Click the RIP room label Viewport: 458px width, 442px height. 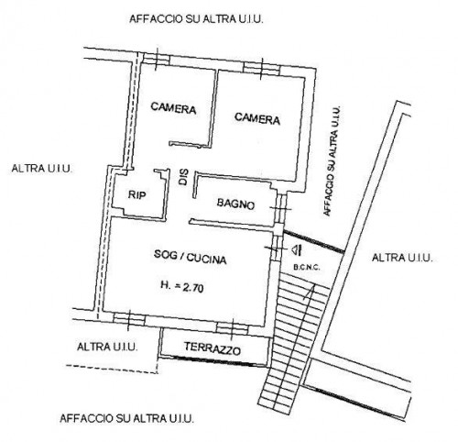click(136, 194)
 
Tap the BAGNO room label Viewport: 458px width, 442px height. click(235, 204)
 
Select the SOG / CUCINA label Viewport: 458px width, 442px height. click(190, 257)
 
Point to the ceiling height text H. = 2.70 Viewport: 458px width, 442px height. click(182, 286)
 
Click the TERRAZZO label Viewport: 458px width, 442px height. click(213, 348)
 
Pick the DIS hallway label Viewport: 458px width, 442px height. click(183, 177)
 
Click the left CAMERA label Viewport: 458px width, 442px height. click(173, 108)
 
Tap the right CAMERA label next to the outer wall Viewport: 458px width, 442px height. click(257, 118)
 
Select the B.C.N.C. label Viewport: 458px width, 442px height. click(307, 268)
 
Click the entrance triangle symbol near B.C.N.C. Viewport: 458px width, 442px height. click(296, 250)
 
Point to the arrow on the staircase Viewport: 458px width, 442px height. click(309, 292)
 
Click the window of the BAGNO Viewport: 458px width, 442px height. click(280, 209)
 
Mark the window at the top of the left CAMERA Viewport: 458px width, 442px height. click(156, 59)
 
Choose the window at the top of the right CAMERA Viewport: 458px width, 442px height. click(262, 69)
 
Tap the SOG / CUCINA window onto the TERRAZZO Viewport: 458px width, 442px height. click(232, 329)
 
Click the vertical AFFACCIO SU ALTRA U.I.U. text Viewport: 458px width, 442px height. click(332, 160)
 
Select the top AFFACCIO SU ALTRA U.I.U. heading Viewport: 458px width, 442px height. click(196, 19)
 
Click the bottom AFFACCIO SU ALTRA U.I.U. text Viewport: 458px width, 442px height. click(126, 418)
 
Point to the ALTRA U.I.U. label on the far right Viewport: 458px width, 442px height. click(402, 258)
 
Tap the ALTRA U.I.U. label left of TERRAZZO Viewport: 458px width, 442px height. click(107, 347)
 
